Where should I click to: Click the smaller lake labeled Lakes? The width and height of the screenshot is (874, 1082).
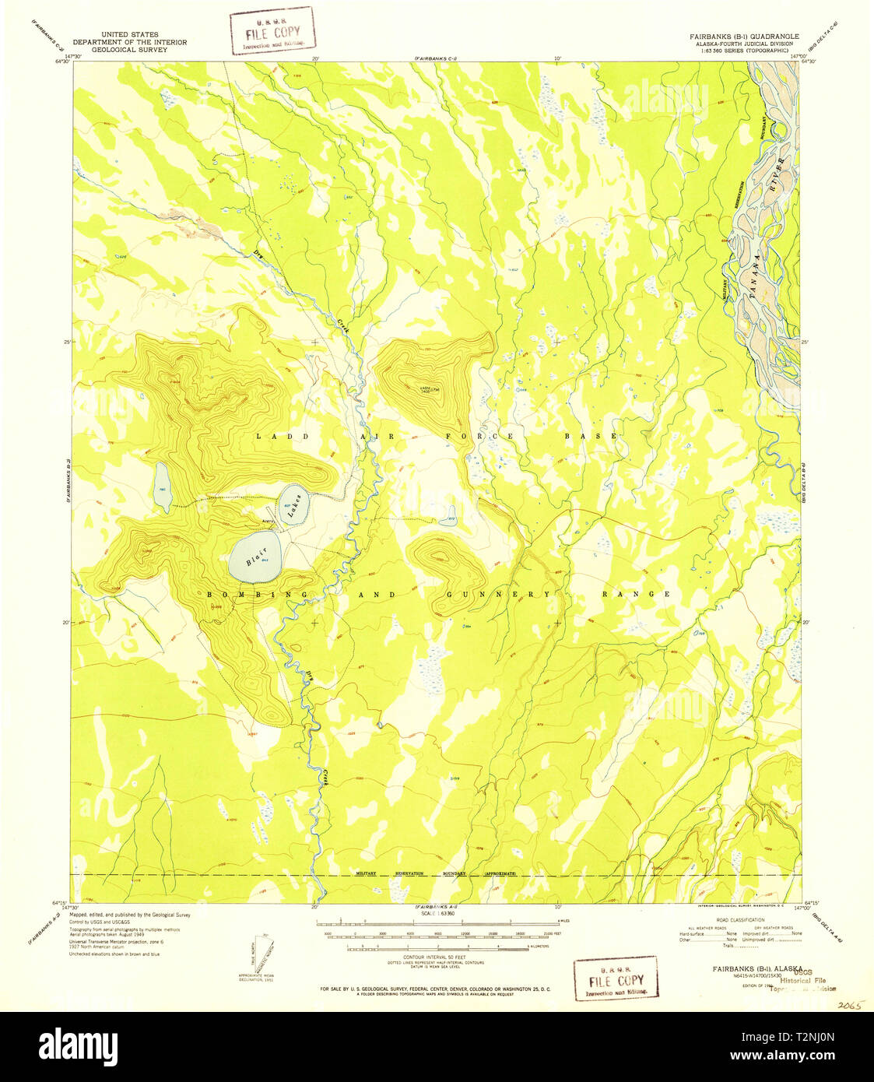[x=295, y=505]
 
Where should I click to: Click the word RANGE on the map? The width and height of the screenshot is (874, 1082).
[x=636, y=594]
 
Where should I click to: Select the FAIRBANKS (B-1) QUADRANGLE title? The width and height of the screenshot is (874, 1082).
[x=742, y=36]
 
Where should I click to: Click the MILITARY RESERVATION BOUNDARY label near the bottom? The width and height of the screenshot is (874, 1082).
[x=436, y=874]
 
